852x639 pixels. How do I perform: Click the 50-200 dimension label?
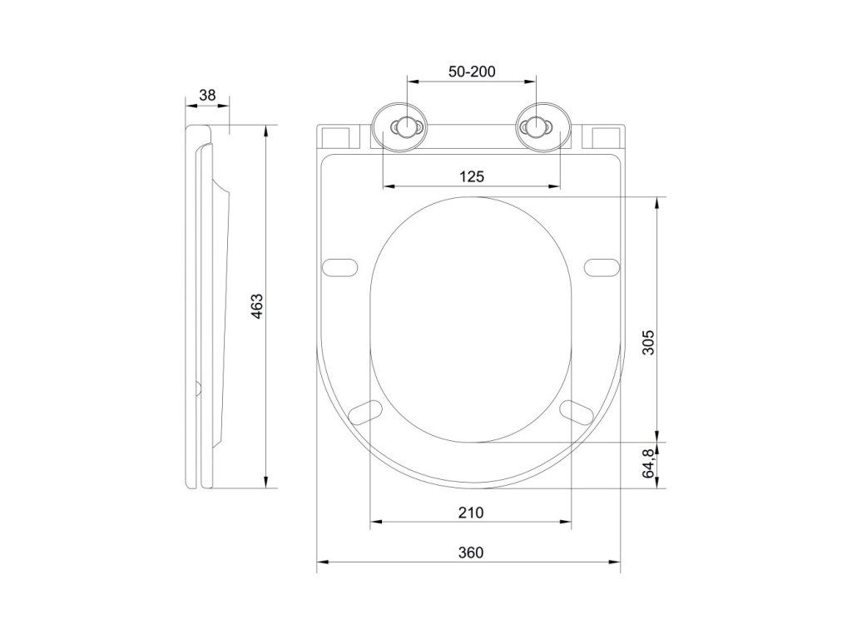pos(472,72)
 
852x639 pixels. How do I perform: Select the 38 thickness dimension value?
pos(207,96)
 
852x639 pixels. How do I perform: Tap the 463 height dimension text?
pos(256,306)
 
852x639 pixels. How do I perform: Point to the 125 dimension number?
pos(472,176)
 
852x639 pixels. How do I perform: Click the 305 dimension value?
pos(649,342)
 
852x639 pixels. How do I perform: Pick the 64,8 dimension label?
pos(649,463)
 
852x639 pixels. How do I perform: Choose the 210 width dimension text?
pos(471,513)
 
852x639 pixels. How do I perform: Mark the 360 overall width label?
pos(471,552)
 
